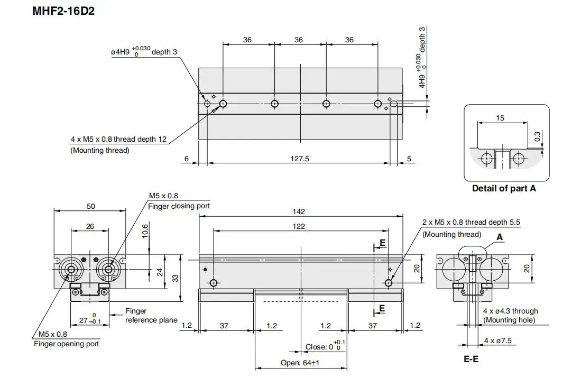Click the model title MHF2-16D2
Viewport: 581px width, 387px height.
pyautogui.click(x=63, y=11)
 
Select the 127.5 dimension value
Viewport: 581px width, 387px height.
pyautogui.click(x=299, y=159)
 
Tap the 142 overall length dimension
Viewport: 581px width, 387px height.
pyautogui.click(x=299, y=211)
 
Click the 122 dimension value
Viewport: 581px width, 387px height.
pyautogui.click(x=299, y=226)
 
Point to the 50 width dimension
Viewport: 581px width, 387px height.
pyautogui.click(x=91, y=206)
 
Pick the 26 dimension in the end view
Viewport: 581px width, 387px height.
pyautogui.click(x=90, y=226)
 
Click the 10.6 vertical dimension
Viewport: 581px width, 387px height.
pyautogui.click(x=145, y=231)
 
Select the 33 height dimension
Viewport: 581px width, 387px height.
pyautogui.click(x=176, y=278)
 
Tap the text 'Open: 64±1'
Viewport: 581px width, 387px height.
pyautogui.click(x=300, y=363)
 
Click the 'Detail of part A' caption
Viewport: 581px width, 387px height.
pyautogui.click(x=504, y=188)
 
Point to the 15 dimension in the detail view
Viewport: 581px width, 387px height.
pyautogui.click(x=500, y=118)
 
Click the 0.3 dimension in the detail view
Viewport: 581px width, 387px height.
pyautogui.click(x=537, y=136)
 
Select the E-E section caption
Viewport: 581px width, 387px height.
pyautogui.click(x=471, y=359)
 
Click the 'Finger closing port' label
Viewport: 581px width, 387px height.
pyautogui.click(x=179, y=206)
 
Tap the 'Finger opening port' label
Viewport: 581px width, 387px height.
pyautogui.click(x=66, y=344)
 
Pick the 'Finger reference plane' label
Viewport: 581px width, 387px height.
pyautogui.click(x=151, y=316)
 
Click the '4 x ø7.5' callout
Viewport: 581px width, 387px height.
pyautogui.click(x=497, y=340)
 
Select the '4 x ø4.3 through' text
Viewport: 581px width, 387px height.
pyautogui.click(x=511, y=311)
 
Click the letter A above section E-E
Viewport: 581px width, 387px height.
pyautogui.click(x=500, y=237)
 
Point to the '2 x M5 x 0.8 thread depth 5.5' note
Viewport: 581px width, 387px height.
pyautogui.click(x=472, y=222)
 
